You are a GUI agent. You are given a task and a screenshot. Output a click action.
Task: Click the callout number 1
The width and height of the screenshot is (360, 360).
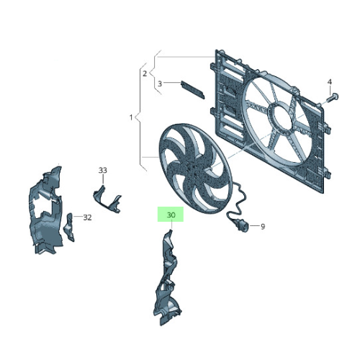130,117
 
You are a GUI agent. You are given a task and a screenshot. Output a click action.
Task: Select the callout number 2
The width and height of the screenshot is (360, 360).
144,73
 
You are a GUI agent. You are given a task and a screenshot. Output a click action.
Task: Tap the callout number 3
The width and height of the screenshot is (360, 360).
160,84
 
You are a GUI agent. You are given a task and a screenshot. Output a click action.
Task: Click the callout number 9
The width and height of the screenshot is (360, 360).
263,226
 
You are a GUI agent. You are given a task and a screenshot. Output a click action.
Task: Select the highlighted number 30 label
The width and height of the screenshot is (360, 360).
171,215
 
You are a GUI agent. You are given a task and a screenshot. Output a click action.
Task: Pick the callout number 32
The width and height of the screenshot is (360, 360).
87,217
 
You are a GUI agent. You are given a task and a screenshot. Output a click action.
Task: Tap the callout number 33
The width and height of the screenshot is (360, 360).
102,170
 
